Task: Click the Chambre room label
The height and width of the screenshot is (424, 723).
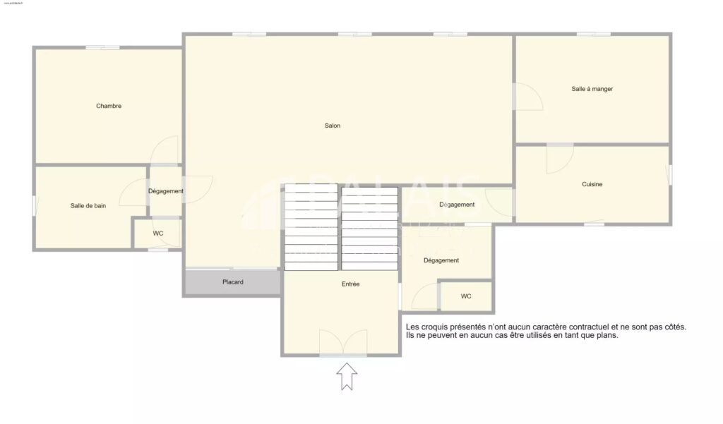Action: (x=109, y=107)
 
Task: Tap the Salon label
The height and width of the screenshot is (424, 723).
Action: (x=333, y=126)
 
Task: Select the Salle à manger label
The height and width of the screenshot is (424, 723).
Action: (x=592, y=90)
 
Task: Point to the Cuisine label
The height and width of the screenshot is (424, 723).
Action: (x=592, y=185)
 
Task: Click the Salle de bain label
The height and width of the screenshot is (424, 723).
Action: (x=88, y=206)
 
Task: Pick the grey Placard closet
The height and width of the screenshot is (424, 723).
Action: (x=233, y=282)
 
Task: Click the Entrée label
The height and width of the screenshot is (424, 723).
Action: (x=350, y=284)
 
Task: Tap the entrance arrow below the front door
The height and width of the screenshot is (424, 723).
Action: (x=347, y=376)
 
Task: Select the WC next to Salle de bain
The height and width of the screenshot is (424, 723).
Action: (x=158, y=234)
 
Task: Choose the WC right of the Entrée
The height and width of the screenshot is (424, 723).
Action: (x=466, y=296)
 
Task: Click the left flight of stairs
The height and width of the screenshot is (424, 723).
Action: (x=311, y=227)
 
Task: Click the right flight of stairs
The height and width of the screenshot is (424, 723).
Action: (x=370, y=227)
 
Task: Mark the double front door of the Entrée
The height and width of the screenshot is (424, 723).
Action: (x=343, y=344)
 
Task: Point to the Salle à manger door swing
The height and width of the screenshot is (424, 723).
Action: (x=527, y=97)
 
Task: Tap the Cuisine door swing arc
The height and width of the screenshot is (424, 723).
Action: (x=559, y=159)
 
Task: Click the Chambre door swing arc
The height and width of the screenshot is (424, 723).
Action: (x=167, y=149)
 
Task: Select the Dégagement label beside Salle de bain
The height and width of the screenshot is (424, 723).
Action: (x=166, y=191)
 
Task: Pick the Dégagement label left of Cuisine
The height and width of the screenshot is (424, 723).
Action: (x=457, y=205)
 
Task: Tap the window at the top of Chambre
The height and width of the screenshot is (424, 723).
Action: (x=102, y=47)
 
